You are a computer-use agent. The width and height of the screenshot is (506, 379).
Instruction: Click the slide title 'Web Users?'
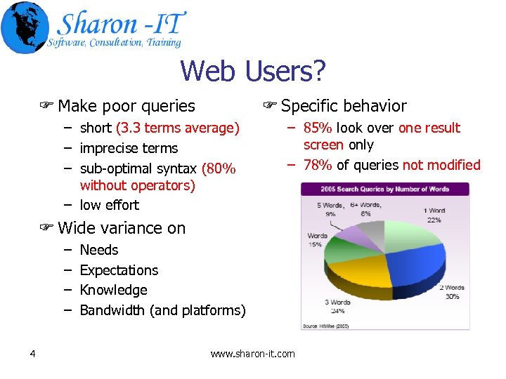coord(253,71)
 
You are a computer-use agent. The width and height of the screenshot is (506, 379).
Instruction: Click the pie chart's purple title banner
coord(384,189)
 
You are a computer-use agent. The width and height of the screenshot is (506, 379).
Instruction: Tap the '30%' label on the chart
coord(452,296)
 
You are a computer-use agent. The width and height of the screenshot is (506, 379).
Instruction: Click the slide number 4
coord(33,353)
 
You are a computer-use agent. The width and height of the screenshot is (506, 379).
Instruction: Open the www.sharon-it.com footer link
coord(253,354)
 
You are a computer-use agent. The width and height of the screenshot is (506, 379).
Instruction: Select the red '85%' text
coord(318,128)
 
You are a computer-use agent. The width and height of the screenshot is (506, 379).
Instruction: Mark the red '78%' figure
coord(318,165)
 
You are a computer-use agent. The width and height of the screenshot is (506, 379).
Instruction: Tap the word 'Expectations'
coord(119,270)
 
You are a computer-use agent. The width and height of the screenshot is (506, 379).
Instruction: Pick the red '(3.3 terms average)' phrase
coord(178,128)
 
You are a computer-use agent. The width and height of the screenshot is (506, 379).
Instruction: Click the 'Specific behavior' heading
coord(343,106)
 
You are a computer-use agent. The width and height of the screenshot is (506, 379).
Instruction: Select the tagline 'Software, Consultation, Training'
coord(115,43)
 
